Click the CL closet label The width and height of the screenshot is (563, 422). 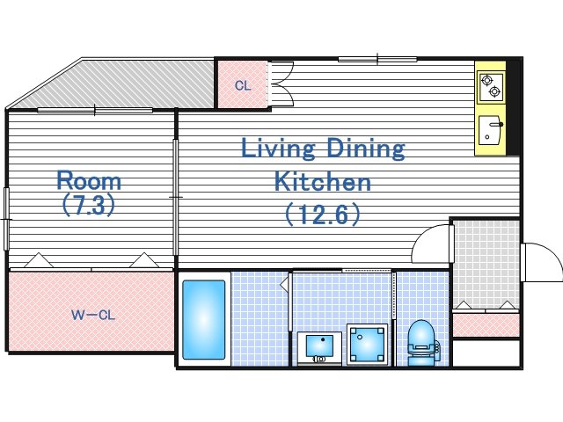(x=243, y=86)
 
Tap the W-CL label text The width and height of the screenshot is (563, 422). (x=93, y=316)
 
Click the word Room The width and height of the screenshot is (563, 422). (x=89, y=181)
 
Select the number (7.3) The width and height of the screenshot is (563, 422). (x=89, y=205)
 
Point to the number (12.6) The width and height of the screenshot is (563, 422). (x=323, y=215)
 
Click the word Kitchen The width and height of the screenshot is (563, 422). (x=323, y=181)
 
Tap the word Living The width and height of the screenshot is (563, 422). (x=278, y=149)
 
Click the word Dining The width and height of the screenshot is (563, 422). (x=366, y=149)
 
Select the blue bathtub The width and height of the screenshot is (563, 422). (x=203, y=320)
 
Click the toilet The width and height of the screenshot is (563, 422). (x=422, y=343)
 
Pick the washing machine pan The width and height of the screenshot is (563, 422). (x=368, y=344)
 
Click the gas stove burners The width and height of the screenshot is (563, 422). (x=491, y=87)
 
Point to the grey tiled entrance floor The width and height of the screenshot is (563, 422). (x=486, y=264)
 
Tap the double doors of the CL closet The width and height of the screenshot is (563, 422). (x=281, y=84)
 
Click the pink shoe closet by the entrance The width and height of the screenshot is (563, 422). (x=486, y=325)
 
